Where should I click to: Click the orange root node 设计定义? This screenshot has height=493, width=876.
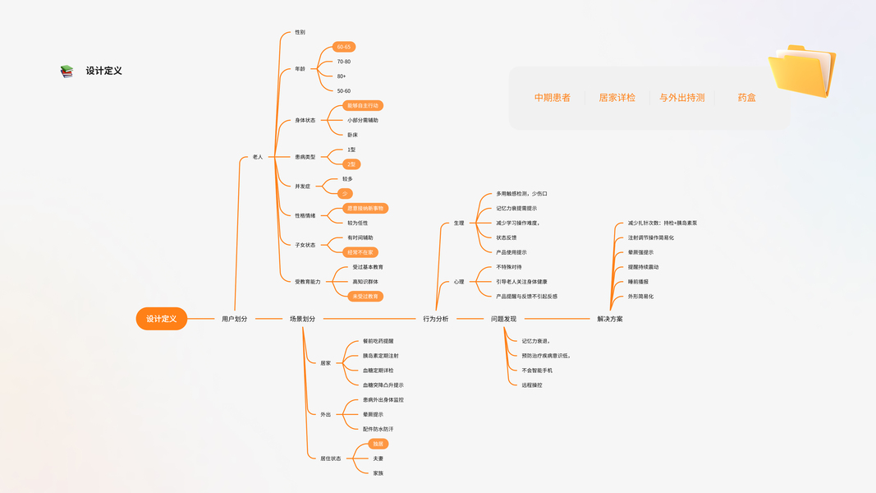[x=162, y=319]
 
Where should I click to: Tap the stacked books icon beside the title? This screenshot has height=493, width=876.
[x=67, y=71]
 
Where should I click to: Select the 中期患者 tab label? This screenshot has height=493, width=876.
[x=553, y=98]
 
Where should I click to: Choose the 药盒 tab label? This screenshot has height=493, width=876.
[x=746, y=98]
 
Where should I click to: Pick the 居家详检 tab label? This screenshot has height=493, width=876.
[x=617, y=98]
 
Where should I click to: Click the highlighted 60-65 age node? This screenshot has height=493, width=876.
[x=344, y=47]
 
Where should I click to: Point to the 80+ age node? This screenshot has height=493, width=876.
[x=342, y=76]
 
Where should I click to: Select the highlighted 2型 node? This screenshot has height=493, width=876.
[x=351, y=164]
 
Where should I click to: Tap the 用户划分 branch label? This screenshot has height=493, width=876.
[x=234, y=319]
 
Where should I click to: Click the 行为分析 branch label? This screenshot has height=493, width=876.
[x=436, y=319]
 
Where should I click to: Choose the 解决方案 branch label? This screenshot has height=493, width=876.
[x=610, y=319]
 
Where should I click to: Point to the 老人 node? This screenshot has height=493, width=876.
[x=258, y=157]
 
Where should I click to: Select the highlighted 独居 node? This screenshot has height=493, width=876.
[x=378, y=444]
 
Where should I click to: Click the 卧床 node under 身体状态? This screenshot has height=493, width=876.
[x=352, y=135]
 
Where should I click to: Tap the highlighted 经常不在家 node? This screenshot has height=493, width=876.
[x=360, y=252]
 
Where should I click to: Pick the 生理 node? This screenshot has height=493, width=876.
[x=459, y=223]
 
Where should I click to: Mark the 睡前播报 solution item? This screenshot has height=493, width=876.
[x=638, y=282]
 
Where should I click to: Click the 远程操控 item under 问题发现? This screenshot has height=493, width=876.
[x=532, y=385]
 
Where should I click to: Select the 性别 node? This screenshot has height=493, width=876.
[x=300, y=33]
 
